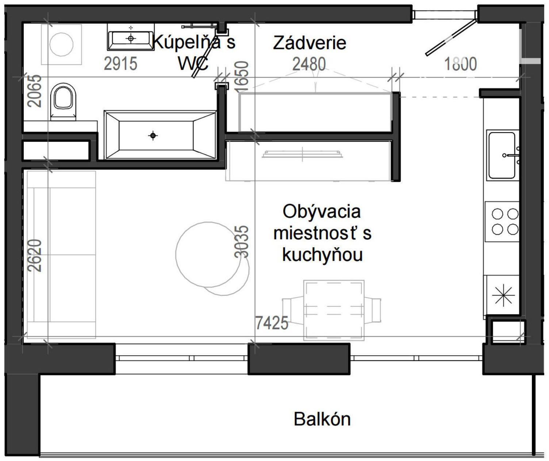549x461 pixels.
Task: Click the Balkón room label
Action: pyautogui.click(x=322, y=419)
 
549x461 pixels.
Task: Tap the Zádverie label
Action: pyautogui.click(x=310, y=43)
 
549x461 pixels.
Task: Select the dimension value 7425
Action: pyautogui.click(x=272, y=323)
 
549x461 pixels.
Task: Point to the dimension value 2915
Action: pyautogui.click(x=120, y=63)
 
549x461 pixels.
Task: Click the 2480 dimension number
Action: pyautogui.click(x=309, y=64)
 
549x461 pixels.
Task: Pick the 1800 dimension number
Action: pyautogui.click(x=460, y=64)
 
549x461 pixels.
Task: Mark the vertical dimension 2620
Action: pyautogui.click(x=35, y=256)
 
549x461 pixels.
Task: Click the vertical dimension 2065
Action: pyautogui.click(x=35, y=91)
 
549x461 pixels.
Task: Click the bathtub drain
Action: pyautogui.click(x=153, y=136)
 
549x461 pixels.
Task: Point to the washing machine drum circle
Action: pyautogui.click(x=62, y=44)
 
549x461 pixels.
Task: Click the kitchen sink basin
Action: pyautogui.click(x=502, y=155)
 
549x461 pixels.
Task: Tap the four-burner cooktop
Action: pyautogui.click(x=502, y=221)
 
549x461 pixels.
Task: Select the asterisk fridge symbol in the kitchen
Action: pyautogui.click(x=503, y=295)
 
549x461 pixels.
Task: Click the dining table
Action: pyautogui.click(x=334, y=310)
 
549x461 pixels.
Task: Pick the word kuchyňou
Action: pyautogui.click(x=322, y=255)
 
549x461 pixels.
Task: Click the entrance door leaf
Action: pyautogui.click(x=451, y=37)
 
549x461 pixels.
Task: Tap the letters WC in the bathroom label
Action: pyautogui.click(x=193, y=63)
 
